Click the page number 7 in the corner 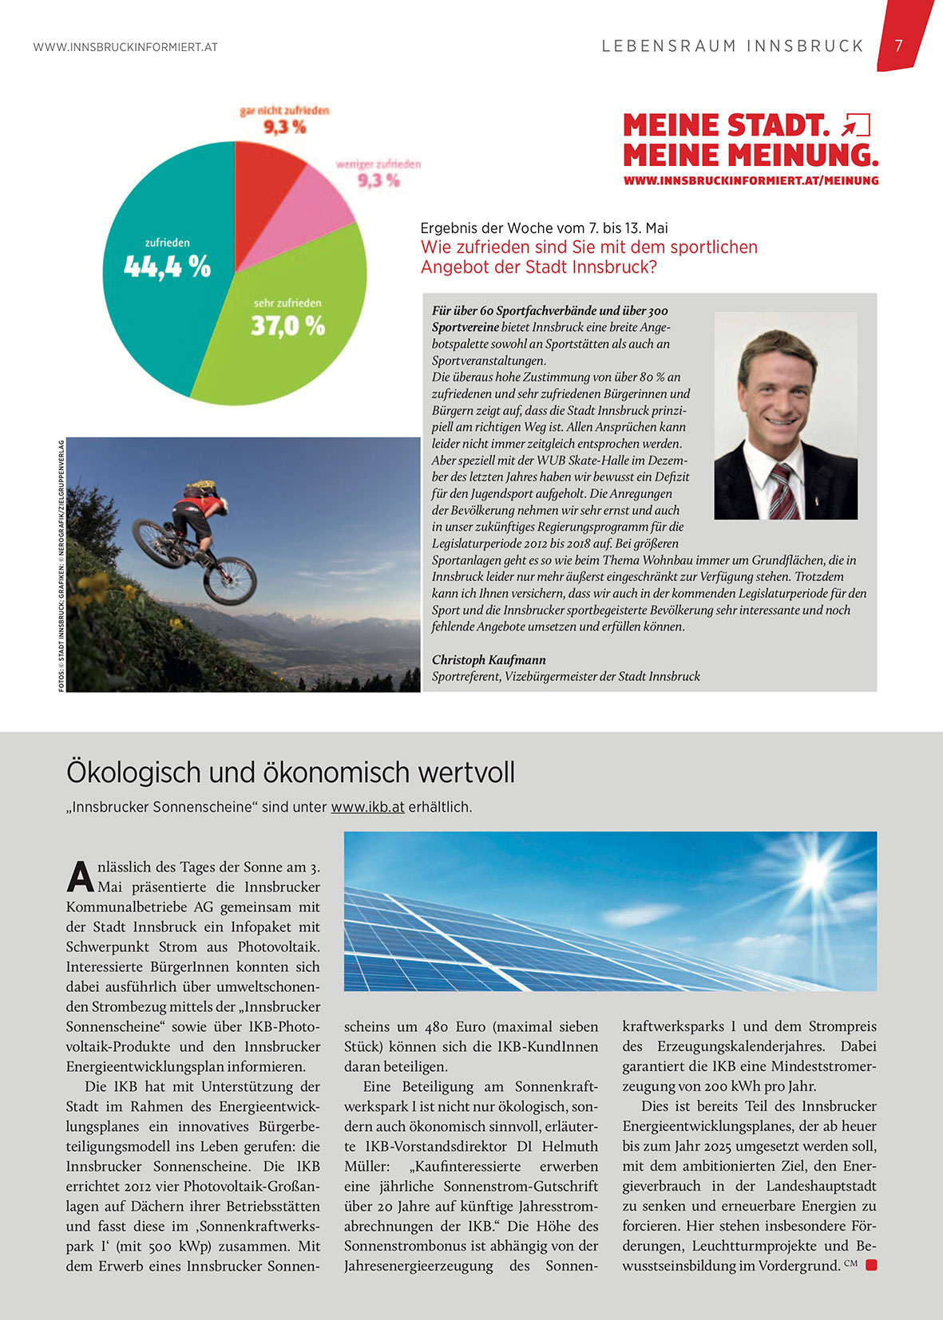[x=898, y=46]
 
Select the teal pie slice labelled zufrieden [x=160, y=311]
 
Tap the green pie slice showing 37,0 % [x=279, y=343]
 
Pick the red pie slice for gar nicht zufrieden [x=263, y=172]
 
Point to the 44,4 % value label [x=167, y=267]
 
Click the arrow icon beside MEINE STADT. [x=856, y=125]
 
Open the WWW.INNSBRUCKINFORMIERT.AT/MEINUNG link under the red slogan [x=751, y=181]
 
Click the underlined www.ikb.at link [x=367, y=807]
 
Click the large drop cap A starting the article [x=80, y=875]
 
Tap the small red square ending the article [x=871, y=1265]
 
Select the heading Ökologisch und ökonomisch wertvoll [x=291, y=773]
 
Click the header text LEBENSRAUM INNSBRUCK [x=733, y=46]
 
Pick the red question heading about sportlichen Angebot [x=588, y=257]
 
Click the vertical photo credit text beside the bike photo [x=61, y=565]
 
